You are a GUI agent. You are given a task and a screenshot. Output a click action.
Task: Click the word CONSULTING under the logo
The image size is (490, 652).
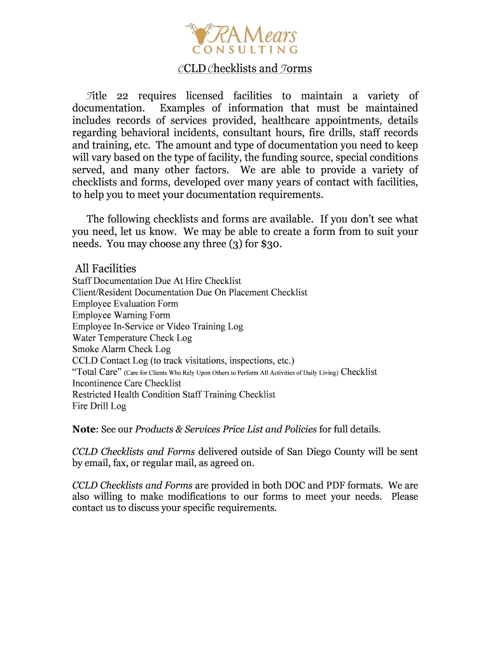click(x=245, y=50)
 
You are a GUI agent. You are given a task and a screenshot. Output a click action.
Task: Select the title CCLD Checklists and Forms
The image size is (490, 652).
click(x=244, y=68)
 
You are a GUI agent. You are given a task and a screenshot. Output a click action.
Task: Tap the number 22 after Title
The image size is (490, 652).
click(x=123, y=96)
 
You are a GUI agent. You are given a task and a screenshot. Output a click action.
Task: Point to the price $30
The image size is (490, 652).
click(x=270, y=244)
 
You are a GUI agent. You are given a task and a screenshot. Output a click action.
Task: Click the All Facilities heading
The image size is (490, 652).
click(x=106, y=269)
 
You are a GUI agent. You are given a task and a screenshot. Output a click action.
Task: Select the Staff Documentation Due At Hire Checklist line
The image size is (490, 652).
click(x=157, y=281)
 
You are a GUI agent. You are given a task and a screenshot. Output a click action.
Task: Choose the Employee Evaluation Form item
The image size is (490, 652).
click(x=125, y=304)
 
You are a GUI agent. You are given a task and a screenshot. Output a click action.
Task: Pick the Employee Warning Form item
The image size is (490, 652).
click(x=122, y=315)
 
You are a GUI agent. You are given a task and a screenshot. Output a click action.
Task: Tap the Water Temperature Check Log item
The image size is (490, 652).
click(x=132, y=338)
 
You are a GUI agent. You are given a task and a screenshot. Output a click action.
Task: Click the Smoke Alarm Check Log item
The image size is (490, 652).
click(x=122, y=349)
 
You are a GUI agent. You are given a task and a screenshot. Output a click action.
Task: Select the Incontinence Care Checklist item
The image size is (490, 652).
click(x=127, y=383)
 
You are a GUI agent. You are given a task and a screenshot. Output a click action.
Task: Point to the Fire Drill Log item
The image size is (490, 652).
click(x=99, y=406)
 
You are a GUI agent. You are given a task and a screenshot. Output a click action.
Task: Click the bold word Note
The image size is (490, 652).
click(x=85, y=429)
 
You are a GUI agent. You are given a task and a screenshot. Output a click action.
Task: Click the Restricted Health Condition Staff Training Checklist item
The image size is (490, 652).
click(x=174, y=395)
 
